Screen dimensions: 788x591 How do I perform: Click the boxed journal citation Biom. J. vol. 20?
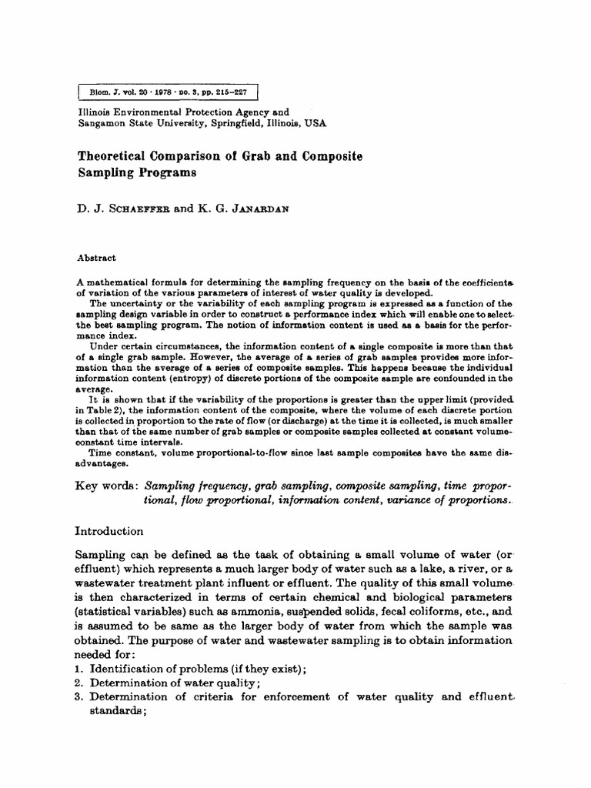point(168,92)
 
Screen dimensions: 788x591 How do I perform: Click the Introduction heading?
point(109,531)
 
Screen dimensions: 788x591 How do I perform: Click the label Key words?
point(106,487)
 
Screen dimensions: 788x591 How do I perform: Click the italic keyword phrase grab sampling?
point(294,487)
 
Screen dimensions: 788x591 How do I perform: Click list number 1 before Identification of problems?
point(78,669)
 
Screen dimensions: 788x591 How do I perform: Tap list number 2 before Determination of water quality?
point(78,683)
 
